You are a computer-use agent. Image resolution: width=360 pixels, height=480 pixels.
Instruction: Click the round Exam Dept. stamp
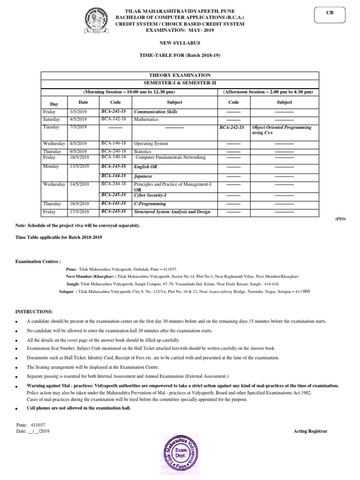pyautogui.click(x=182, y=453)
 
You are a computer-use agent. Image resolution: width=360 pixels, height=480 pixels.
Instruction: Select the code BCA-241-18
pyautogui.click(x=115, y=112)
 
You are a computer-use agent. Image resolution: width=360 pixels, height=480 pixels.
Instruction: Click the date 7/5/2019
pyautogui.click(x=79, y=127)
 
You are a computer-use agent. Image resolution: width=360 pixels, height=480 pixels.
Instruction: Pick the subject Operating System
pyautogui.click(x=151, y=143)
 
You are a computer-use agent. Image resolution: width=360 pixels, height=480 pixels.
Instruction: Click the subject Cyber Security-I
pyautogui.click(x=150, y=195)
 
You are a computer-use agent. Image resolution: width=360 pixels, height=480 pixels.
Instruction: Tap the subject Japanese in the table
pyautogui.click(x=143, y=176)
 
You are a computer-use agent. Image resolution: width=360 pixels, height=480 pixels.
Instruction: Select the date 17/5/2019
pyautogui.click(x=80, y=212)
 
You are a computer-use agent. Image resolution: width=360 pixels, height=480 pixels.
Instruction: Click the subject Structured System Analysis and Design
pyautogui.click(x=172, y=212)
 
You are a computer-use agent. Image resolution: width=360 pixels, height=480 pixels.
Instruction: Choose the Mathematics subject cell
pyautogui.click(x=146, y=120)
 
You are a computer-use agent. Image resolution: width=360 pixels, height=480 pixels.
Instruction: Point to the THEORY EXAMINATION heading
pyautogui.click(x=180, y=75)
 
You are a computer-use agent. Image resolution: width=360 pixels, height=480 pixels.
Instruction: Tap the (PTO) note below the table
pyautogui.click(x=340, y=219)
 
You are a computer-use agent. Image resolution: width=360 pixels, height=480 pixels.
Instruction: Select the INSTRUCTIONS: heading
pyautogui.click(x=34, y=312)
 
